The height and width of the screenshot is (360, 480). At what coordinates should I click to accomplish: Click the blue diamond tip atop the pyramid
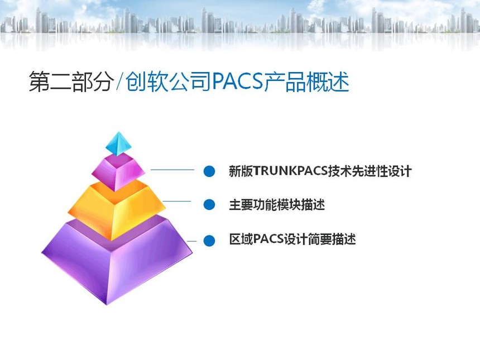[x=119, y=144]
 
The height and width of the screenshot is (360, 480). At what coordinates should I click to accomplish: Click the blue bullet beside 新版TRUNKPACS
[x=209, y=171]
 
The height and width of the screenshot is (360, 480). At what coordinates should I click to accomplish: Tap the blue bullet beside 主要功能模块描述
[x=209, y=204]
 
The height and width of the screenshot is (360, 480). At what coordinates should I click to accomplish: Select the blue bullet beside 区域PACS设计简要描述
[x=209, y=240]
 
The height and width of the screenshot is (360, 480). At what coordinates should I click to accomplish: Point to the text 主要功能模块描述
[x=277, y=204]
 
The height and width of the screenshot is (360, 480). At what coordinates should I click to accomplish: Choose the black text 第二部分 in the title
[x=70, y=81]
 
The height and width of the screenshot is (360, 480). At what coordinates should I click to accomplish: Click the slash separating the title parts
[x=119, y=81]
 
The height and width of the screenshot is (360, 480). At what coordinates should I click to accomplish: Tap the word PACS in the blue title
[x=238, y=81]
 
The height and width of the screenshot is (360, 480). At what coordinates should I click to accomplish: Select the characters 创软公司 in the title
[x=169, y=81]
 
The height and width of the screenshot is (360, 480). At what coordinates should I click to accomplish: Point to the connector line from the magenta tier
[x=172, y=170]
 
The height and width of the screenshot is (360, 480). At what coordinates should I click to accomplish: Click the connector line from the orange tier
[x=176, y=201]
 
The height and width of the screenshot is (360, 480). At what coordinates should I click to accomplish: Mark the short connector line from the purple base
[x=191, y=241]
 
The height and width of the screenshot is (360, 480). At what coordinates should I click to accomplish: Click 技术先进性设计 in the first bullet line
[x=370, y=171]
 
